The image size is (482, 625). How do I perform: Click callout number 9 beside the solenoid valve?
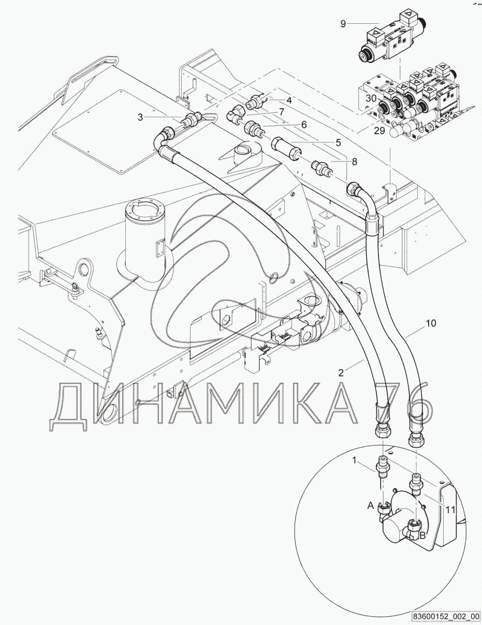click(344, 23)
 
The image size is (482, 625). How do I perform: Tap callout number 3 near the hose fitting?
click(140, 118)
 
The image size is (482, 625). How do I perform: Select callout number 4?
click(289, 100)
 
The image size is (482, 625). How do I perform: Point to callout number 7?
click(281, 112)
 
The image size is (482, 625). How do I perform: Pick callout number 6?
click(303, 124)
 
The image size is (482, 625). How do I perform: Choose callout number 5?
click(338, 141)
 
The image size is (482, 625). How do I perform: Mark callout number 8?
click(354, 162)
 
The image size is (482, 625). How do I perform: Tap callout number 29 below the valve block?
click(379, 131)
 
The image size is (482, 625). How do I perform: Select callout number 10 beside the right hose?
click(431, 323)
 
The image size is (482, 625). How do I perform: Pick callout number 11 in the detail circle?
click(450, 510)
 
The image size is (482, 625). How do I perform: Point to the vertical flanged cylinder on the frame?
click(145, 233)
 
